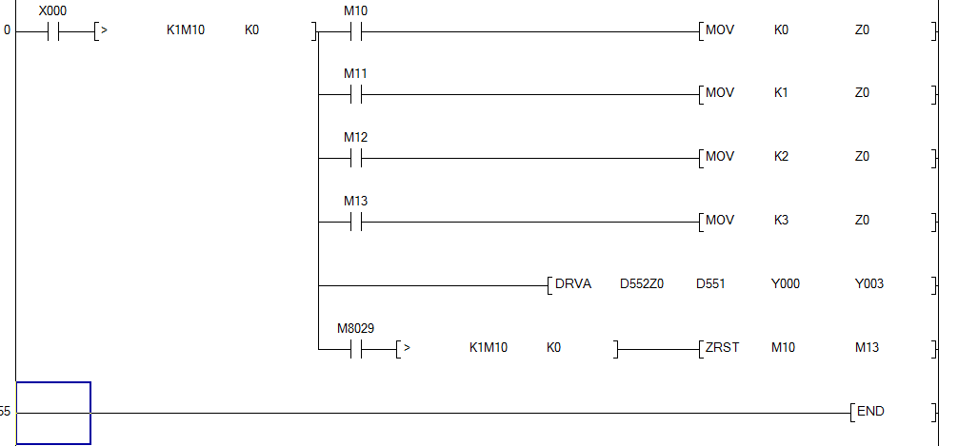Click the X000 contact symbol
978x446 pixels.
click(x=52, y=30)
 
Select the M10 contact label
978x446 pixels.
click(x=355, y=10)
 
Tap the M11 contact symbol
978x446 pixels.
click(x=355, y=94)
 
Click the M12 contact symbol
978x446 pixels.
click(x=355, y=158)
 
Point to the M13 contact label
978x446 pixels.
click(x=355, y=202)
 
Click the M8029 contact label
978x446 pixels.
click(x=355, y=328)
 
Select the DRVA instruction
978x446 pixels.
click(x=572, y=284)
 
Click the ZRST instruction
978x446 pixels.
click(x=723, y=348)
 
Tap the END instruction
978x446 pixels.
click(x=870, y=412)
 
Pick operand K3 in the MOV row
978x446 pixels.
click(x=781, y=221)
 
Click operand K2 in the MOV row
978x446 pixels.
click(x=781, y=157)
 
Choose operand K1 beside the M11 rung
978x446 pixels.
click(x=781, y=93)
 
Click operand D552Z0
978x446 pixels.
click(x=641, y=284)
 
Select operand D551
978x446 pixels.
click(x=710, y=284)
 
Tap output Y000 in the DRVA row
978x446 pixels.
click(x=785, y=284)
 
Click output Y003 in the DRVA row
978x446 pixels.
click(x=868, y=284)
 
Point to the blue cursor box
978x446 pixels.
click(x=53, y=413)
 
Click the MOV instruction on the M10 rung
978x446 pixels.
click(x=720, y=30)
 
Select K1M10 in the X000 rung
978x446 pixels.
click(x=185, y=30)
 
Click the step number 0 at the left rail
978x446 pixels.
click(x=8, y=30)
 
